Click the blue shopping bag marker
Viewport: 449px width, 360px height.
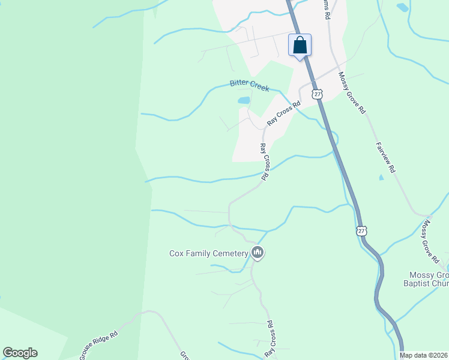(300, 46)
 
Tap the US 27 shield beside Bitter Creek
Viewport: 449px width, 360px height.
(318, 94)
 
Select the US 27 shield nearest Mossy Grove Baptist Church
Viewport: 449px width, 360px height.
(361, 230)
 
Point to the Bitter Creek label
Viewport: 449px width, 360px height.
(249, 86)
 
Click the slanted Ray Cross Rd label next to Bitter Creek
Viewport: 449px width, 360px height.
(283, 113)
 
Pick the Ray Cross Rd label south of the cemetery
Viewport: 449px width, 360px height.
(271, 340)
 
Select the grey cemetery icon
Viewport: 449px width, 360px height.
(258, 253)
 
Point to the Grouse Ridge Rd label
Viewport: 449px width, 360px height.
(101, 345)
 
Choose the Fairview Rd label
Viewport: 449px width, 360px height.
(386, 157)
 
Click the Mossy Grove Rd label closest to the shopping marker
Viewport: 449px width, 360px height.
(352, 93)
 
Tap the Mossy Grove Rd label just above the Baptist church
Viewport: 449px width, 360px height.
(431, 242)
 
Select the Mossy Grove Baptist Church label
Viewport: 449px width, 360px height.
(424, 279)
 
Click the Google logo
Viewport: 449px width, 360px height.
(20, 353)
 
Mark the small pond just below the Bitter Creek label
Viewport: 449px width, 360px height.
(243, 100)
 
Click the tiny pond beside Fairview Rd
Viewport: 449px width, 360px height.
(381, 178)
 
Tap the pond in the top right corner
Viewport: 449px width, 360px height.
(402, 7)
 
